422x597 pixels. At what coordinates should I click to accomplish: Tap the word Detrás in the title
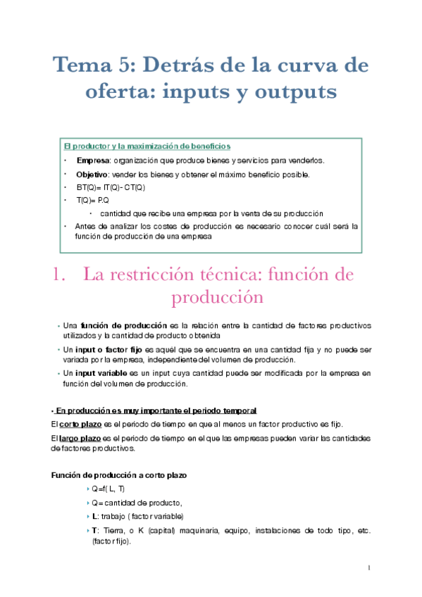[181, 66]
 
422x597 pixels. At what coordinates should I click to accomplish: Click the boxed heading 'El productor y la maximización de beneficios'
[147, 146]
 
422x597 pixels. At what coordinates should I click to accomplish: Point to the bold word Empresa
[92, 161]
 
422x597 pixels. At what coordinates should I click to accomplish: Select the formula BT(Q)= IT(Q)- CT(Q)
[111, 187]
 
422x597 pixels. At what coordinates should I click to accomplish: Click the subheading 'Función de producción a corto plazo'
[119, 475]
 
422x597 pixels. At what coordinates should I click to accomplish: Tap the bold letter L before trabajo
[94, 516]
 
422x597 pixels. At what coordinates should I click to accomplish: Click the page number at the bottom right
[368, 567]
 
